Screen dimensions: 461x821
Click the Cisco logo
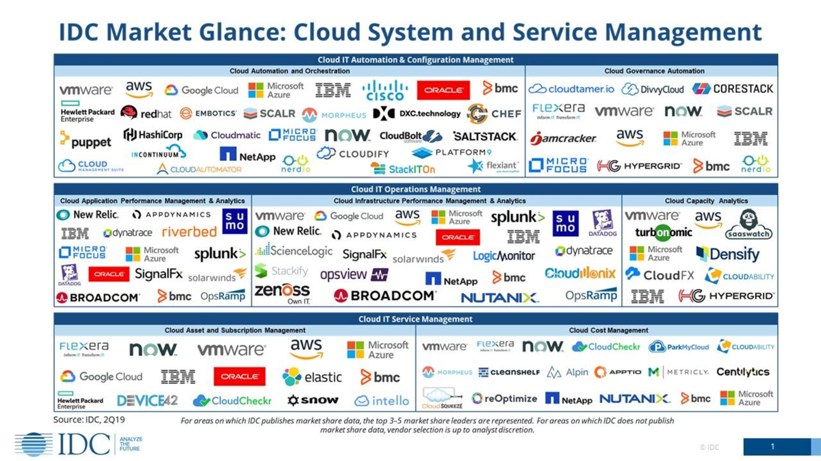385,90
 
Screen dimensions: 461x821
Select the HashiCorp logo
153,135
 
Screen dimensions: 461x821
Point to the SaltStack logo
485,136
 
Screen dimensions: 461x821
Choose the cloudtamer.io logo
572,89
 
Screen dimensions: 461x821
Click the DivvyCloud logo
653,89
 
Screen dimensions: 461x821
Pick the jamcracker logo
563,138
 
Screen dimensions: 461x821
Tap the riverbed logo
189,232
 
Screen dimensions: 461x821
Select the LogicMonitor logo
504,256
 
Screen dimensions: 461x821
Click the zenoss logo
282,293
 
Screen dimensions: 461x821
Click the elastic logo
312,376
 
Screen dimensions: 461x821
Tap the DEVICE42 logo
147,400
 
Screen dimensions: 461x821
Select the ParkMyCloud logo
679,347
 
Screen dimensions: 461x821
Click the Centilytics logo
743,372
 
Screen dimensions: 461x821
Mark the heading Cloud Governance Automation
654,70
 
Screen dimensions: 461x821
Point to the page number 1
772,447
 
